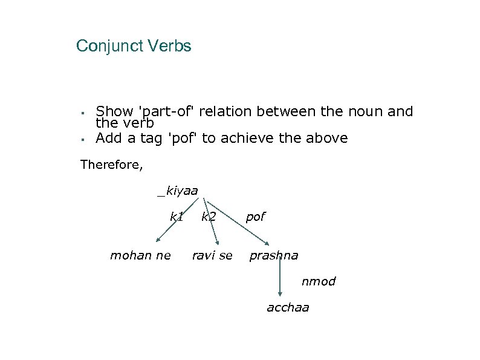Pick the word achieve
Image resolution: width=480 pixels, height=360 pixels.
256,138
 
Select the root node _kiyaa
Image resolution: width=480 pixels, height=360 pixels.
178,191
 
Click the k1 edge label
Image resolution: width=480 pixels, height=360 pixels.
177,216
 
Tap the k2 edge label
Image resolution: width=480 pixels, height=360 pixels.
209,216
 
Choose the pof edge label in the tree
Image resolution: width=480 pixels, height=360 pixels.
255,216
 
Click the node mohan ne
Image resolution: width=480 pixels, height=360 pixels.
140,255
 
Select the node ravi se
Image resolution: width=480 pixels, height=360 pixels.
212,255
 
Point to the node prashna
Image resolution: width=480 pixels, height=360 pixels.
274,255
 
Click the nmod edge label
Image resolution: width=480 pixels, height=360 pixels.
319,281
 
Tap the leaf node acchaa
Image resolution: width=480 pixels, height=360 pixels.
288,307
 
